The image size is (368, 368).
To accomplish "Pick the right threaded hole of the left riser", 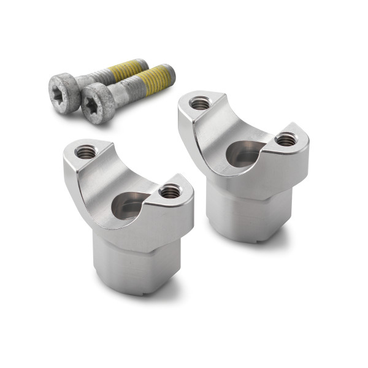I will [x=170, y=192].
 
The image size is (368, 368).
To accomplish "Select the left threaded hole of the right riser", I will [x=200, y=103].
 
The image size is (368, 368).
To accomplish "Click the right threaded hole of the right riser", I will [x=285, y=140].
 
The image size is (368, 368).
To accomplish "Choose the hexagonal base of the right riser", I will [x=245, y=212].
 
